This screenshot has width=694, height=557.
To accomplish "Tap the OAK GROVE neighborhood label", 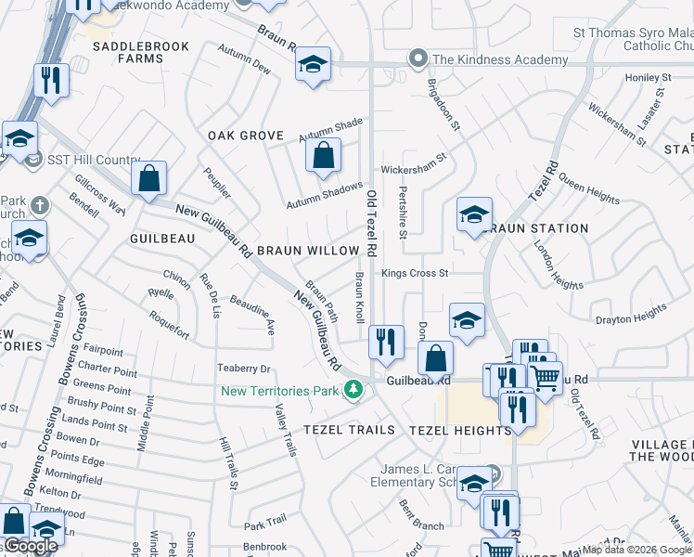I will tap(245, 136).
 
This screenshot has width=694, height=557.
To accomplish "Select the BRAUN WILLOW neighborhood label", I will tap(308, 251).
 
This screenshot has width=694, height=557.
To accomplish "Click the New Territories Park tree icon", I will tap(353, 389).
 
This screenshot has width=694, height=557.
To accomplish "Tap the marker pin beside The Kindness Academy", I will tap(418, 59).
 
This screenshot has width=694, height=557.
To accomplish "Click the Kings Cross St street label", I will tap(415, 274).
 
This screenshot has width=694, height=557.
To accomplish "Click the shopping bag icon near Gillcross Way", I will tap(148, 179).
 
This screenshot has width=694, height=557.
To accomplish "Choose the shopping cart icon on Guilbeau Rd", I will tap(546, 378).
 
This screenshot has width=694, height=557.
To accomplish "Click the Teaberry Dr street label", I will tap(243, 369).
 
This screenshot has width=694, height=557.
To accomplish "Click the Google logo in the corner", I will tap(32, 546).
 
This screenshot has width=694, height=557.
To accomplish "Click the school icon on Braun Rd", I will tap(314, 65).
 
